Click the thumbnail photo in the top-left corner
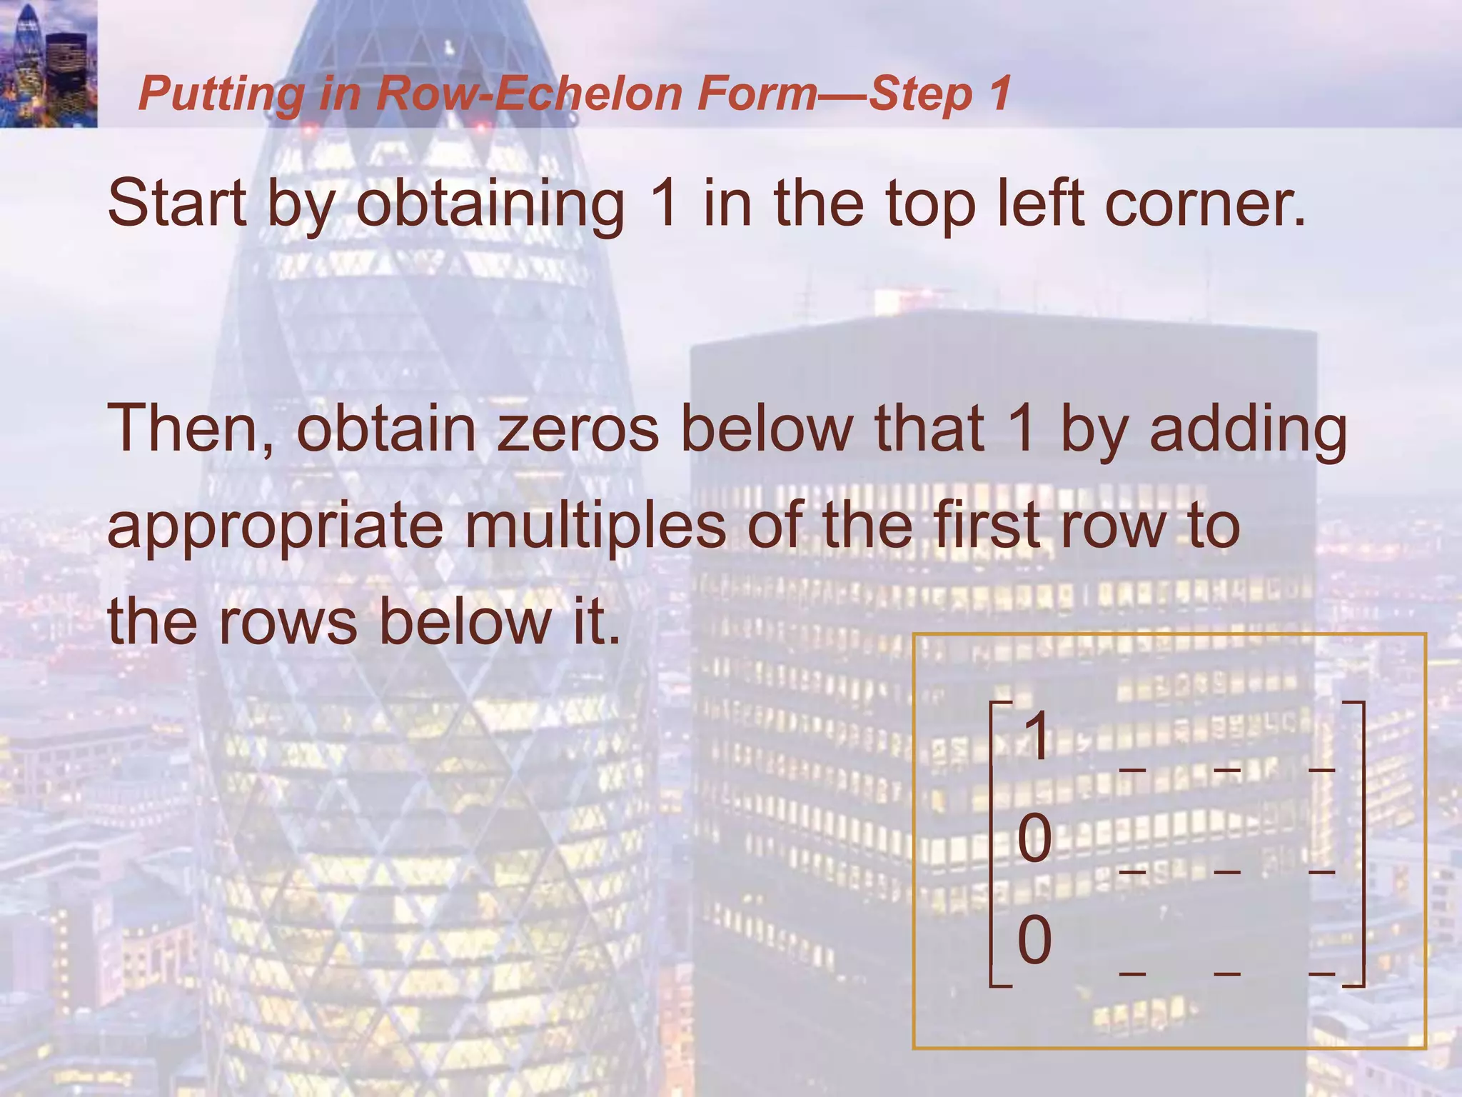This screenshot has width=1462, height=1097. coord(49,64)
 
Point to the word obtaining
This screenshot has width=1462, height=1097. coord(490,205)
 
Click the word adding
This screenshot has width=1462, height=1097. coord(1248,431)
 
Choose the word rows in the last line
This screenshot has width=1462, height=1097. coord(288,621)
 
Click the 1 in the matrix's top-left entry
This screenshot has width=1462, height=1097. coord(1036,736)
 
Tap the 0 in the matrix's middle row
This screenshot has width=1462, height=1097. coord(1034,838)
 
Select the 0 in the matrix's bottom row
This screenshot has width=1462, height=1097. coord(1034,940)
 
